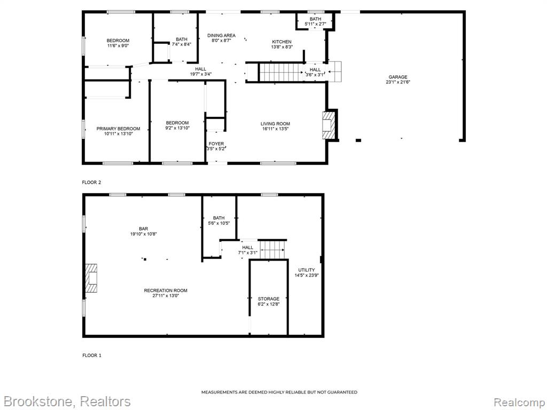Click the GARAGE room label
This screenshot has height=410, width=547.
click(398, 77)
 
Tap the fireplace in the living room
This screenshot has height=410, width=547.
click(329, 125)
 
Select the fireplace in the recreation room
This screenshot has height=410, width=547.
click(91, 278)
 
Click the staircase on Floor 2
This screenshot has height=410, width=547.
click(281, 73)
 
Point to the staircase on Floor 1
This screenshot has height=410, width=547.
click(272, 250)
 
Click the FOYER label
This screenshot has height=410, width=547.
click(216, 144)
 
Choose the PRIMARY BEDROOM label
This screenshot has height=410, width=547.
click(118, 129)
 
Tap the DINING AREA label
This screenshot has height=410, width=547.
click(221, 35)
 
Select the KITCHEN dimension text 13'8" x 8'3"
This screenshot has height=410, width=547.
click(282, 47)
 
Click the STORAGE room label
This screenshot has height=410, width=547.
click(269, 299)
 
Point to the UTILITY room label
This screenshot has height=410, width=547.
click(306, 270)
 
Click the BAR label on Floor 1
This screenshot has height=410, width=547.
click(143, 228)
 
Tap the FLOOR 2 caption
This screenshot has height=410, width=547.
click(91, 183)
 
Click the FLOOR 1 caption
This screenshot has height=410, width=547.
click(92, 355)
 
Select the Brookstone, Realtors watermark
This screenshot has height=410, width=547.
click(67, 401)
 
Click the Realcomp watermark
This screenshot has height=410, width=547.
click(519, 402)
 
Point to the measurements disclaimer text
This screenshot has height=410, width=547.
click(279, 392)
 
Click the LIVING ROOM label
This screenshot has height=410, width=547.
click(275, 124)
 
